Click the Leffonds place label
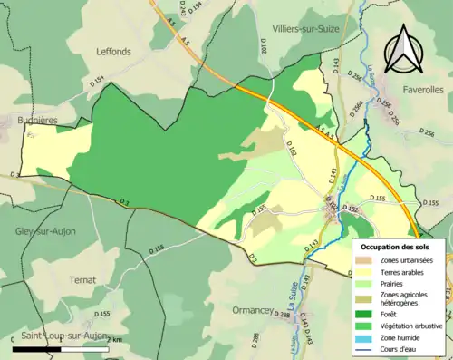[114, 52]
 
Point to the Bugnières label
[36, 119]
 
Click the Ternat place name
[82, 280]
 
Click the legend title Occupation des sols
[397, 247]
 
